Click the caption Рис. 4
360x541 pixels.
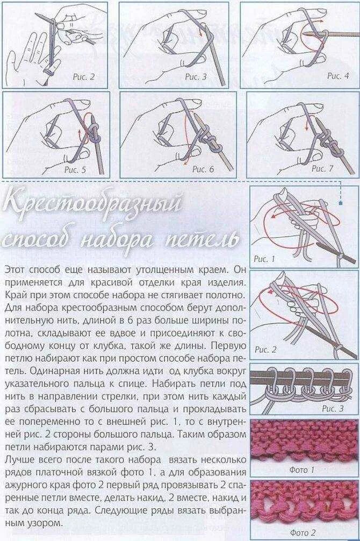338,76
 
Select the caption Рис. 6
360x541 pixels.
203,169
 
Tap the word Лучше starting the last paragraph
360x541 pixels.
18,460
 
